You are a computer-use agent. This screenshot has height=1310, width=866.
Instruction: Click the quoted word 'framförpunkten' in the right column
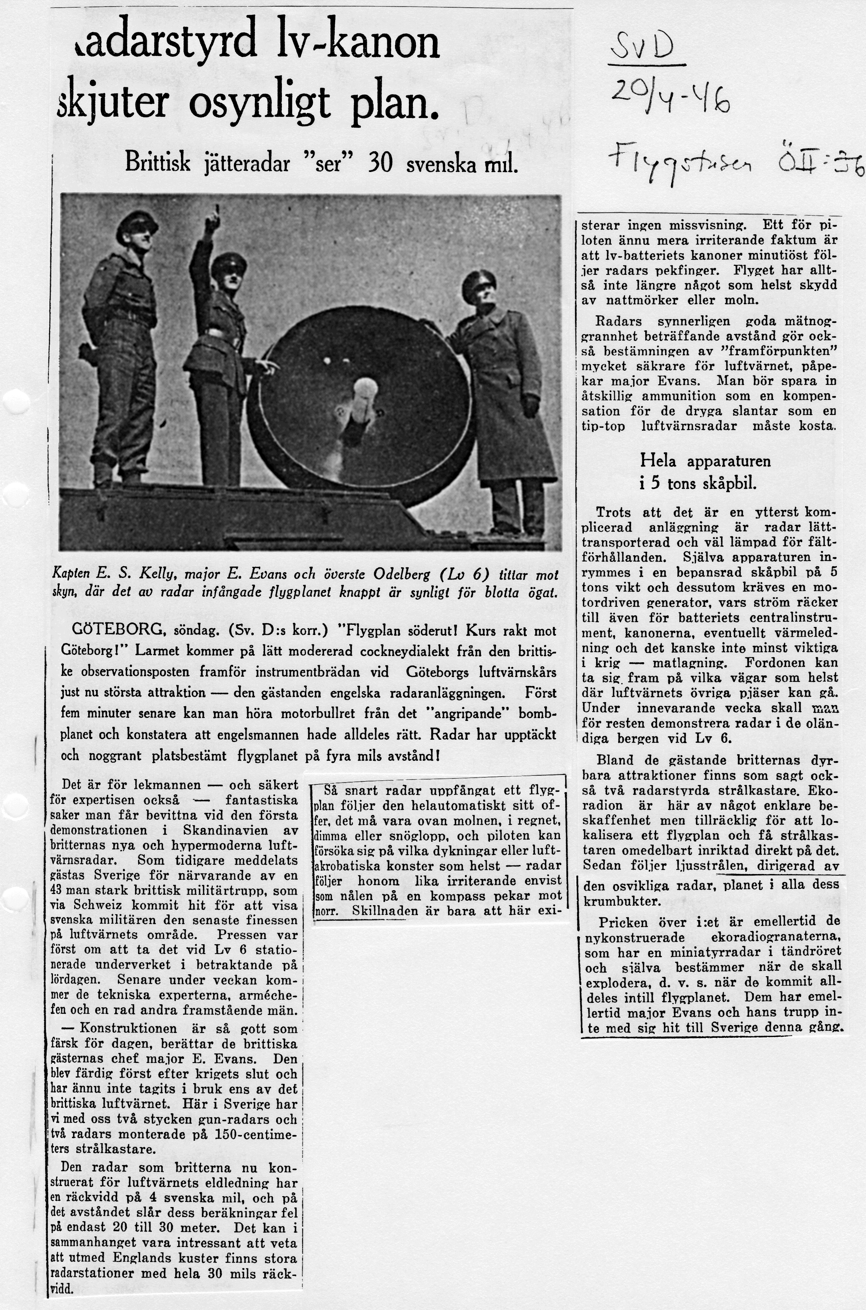click(776, 351)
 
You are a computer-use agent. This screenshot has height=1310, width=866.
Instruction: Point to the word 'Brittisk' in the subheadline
click(158, 163)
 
